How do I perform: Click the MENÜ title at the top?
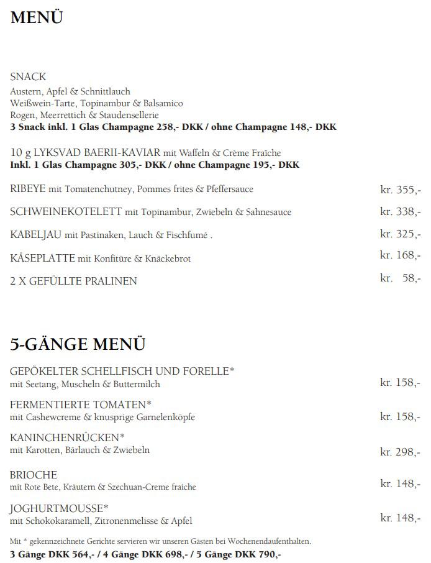click(x=37, y=18)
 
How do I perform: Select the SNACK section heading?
click(x=28, y=77)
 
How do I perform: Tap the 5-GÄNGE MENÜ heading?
click(x=78, y=343)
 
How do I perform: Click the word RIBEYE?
click(x=28, y=189)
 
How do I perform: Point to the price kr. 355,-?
click(x=400, y=190)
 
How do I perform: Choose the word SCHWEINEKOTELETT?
click(x=66, y=212)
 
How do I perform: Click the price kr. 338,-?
click(x=400, y=212)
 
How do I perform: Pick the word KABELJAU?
click(x=35, y=235)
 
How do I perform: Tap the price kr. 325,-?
click(x=400, y=234)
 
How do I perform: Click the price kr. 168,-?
click(x=400, y=255)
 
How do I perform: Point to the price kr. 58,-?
click(x=400, y=278)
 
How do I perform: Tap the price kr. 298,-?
click(x=400, y=452)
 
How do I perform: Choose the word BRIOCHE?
click(x=34, y=475)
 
